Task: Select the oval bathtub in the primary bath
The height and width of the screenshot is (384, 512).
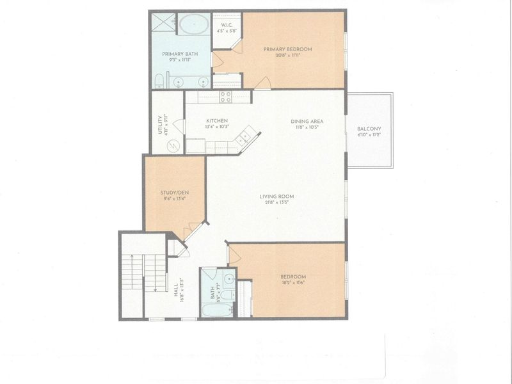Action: tap(192, 25)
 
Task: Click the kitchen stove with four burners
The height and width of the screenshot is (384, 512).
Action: tap(225, 97)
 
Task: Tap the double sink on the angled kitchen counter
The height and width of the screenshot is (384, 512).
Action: tap(244, 137)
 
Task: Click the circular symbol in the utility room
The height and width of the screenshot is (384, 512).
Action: tap(173, 146)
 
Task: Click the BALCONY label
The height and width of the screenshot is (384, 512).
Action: tap(369, 130)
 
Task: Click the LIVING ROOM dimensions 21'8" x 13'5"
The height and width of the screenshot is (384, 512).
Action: tap(276, 203)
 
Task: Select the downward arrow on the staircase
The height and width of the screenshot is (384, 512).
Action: tap(156, 275)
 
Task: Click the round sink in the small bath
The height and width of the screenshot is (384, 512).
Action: tap(228, 278)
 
